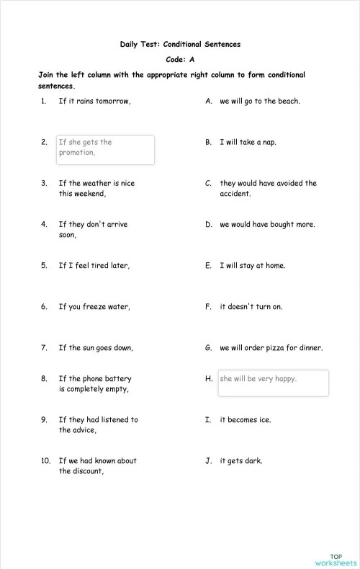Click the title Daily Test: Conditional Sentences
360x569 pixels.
[x=180, y=44]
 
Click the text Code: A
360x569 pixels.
[x=180, y=59]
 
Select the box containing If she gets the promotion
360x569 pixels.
[x=106, y=150]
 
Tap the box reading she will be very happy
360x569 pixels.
[x=273, y=382]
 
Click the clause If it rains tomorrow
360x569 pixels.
[x=94, y=101]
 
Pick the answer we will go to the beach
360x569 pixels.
[x=260, y=101]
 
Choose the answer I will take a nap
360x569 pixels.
[x=248, y=142]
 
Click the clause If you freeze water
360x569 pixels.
[x=94, y=307]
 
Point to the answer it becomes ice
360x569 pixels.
[x=245, y=419]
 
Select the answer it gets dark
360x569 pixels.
[x=241, y=461]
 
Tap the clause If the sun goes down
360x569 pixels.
[x=96, y=348]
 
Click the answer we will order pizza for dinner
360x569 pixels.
[x=271, y=348]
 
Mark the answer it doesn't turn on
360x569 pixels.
[x=251, y=307]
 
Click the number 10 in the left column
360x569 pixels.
[x=45, y=461]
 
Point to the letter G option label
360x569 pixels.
[x=208, y=348]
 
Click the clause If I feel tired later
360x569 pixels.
[x=94, y=266]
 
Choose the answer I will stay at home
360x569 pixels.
[x=253, y=266]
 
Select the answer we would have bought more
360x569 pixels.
[x=267, y=225]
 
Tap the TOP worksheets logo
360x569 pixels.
[x=336, y=560]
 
